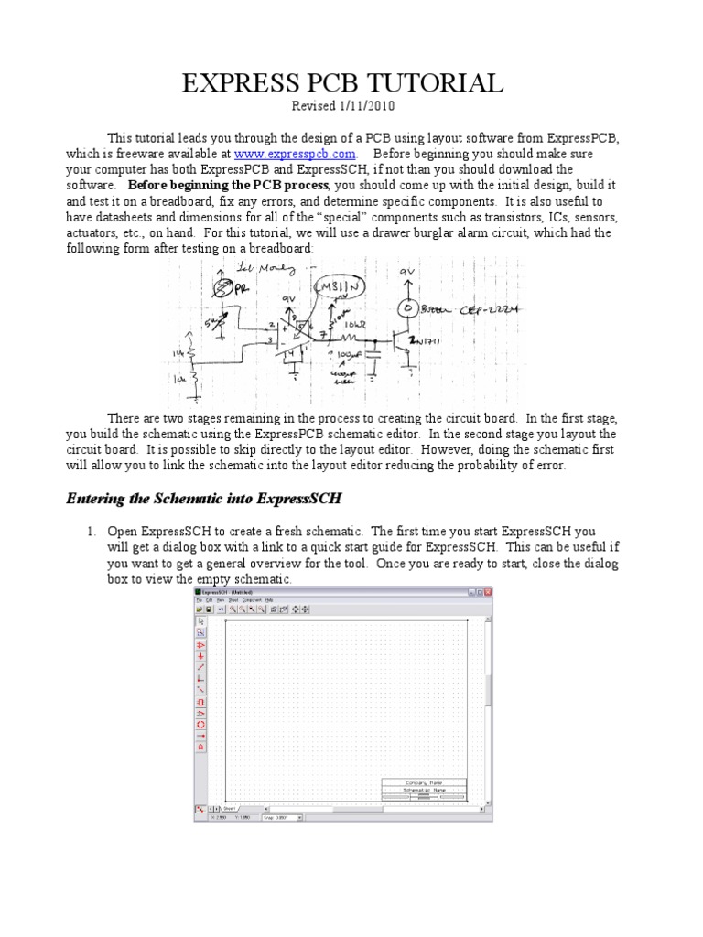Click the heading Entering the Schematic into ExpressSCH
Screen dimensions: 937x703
204,499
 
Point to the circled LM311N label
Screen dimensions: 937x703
341,289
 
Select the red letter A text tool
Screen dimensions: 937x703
200,747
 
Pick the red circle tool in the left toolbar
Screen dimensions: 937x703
200,724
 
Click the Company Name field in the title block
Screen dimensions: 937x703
423,782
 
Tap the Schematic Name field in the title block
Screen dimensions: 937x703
423,790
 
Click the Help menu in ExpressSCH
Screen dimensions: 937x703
269,600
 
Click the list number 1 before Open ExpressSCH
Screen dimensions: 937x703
92,532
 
